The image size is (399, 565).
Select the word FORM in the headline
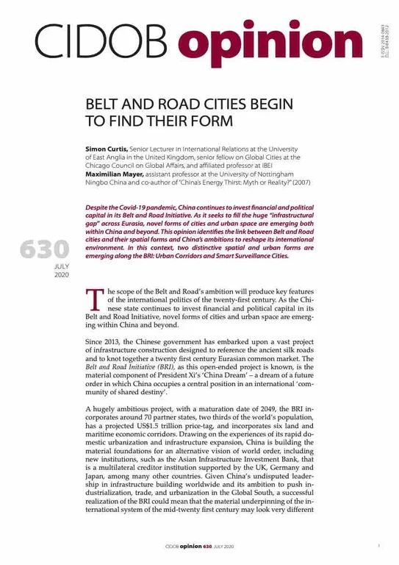click(x=208, y=121)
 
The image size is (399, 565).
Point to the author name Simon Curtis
click(x=106, y=148)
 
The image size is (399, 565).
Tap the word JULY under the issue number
click(x=60, y=267)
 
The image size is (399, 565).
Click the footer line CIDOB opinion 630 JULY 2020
click(x=199, y=547)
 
